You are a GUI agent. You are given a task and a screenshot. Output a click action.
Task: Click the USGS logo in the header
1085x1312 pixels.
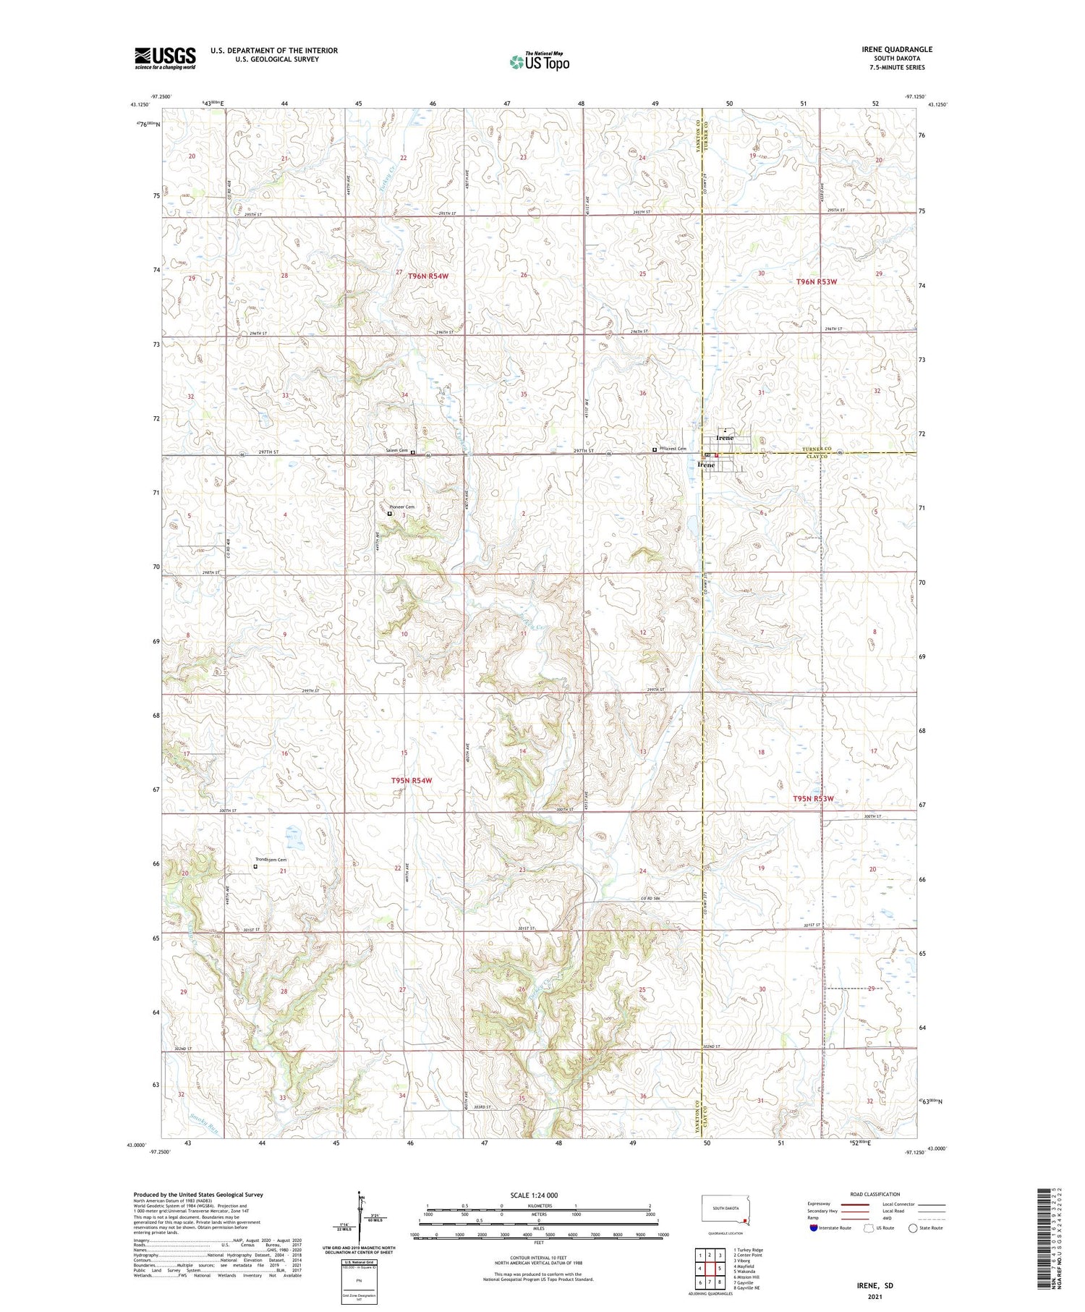click(x=165, y=58)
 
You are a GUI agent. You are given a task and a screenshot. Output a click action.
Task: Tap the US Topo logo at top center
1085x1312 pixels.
click(x=539, y=62)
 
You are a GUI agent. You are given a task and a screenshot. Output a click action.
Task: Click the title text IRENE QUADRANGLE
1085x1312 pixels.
click(x=896, y=49)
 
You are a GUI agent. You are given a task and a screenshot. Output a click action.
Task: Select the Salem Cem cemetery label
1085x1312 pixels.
click(x=396, y=451)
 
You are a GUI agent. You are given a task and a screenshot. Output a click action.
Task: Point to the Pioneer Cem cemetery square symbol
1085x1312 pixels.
click(x=389, y=514)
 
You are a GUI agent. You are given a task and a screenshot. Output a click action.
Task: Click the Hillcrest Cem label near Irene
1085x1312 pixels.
click(x=673, y=449)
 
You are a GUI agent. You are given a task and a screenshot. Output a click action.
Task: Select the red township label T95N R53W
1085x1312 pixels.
click(x=813, y=798)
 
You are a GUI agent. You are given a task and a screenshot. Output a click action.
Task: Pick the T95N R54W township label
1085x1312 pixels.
click(x=411, y=781)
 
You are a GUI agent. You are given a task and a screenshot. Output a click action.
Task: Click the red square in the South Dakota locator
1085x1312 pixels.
click(x=744, y=1221)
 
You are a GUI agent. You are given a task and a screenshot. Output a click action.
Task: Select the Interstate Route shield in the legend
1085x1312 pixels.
click(x=814, y=1227)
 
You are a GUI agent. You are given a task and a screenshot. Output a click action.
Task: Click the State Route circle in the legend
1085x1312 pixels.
click(x=913, y=1227)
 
